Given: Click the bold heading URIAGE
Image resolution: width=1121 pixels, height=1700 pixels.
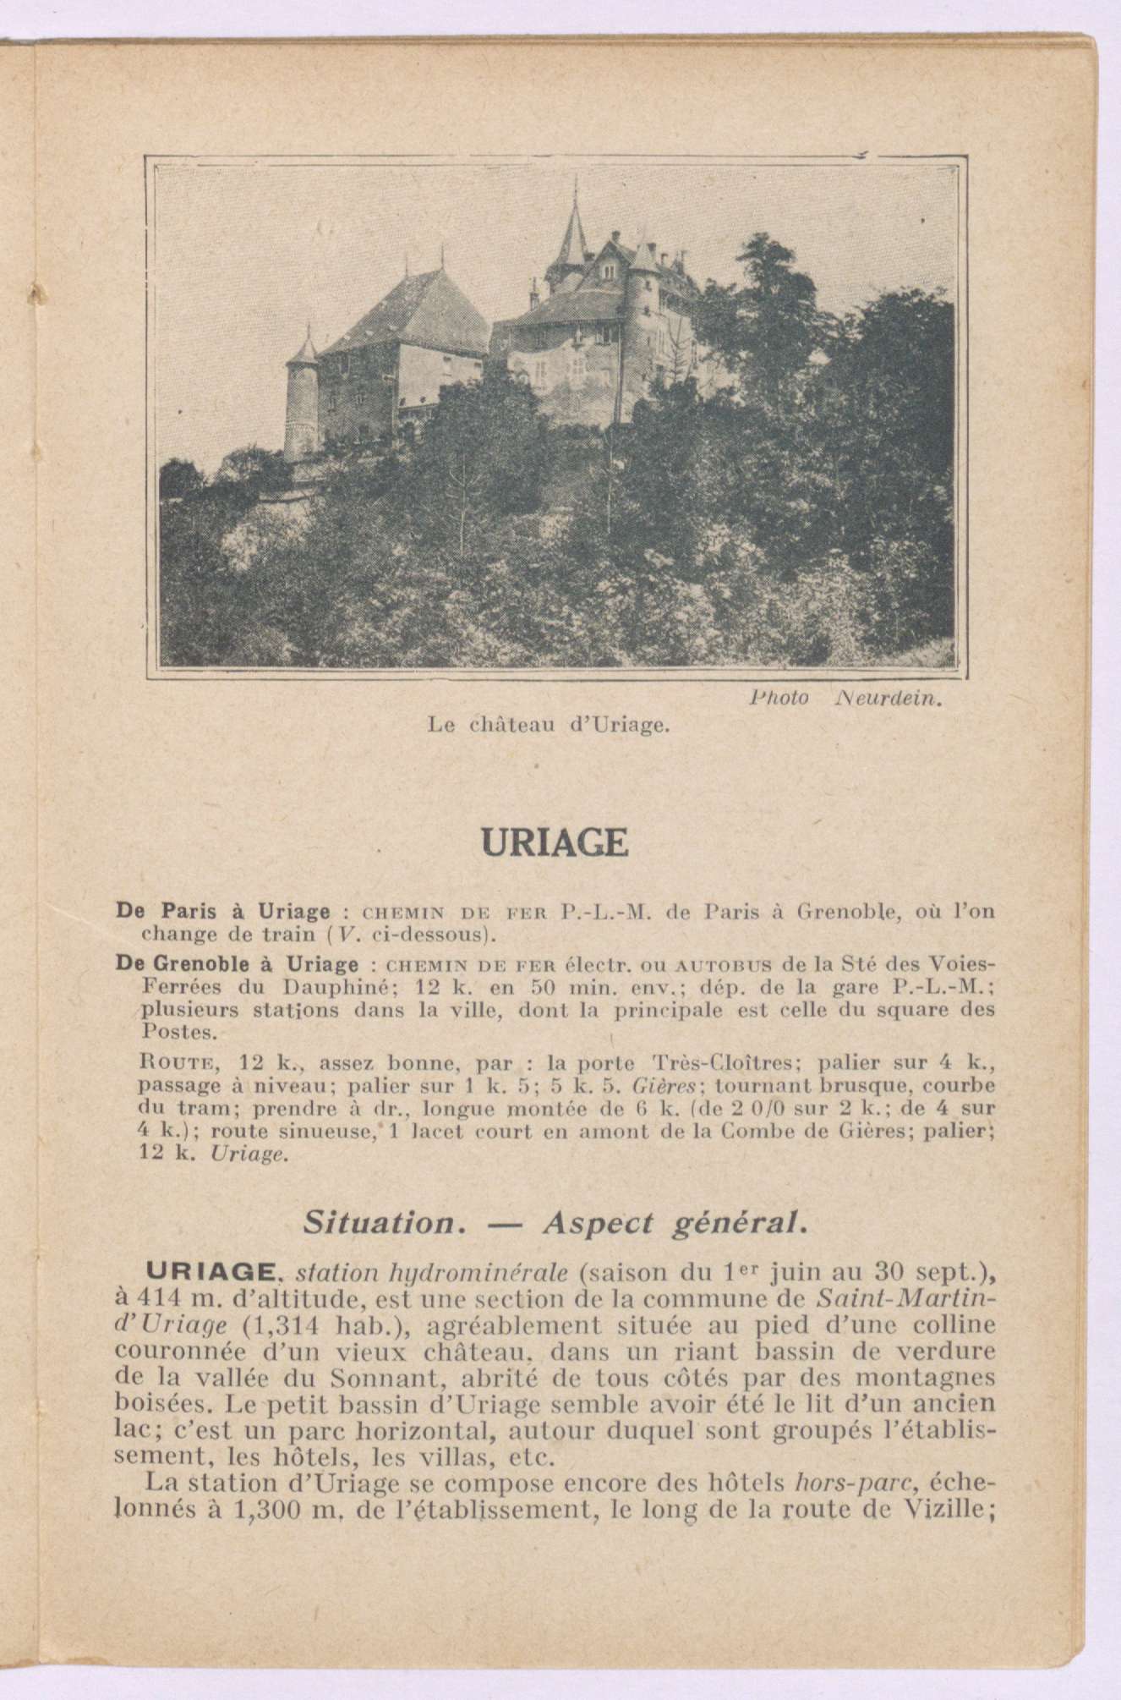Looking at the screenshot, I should (x=554, y=843).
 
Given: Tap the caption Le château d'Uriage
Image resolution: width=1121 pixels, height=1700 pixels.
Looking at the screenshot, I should (x=550, y=725).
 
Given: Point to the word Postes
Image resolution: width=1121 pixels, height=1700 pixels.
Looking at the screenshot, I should (x=169, y=1033).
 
